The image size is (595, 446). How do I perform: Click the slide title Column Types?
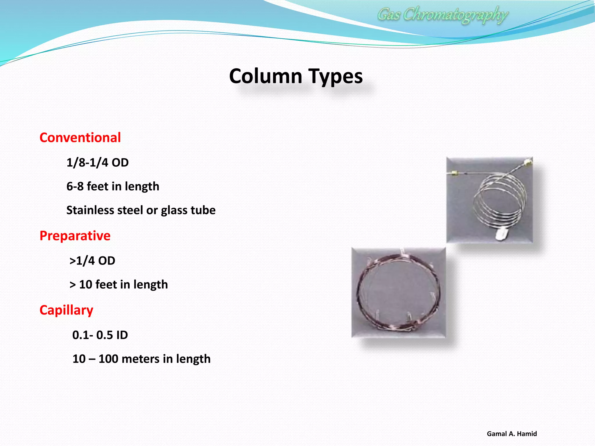coord(296,76)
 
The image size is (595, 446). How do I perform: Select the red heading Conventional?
coord(80,137)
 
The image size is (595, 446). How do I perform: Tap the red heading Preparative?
coord(75,235)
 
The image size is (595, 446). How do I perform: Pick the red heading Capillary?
coord(66,310)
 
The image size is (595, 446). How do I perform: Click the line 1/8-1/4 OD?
coord(98,162)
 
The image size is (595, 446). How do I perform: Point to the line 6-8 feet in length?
coord(113,186)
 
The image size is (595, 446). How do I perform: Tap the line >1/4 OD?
coord(92,260)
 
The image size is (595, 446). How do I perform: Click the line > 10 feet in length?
coord(119,284)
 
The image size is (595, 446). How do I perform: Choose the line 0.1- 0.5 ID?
coord(100,335)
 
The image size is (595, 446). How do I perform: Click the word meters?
coord(140,359)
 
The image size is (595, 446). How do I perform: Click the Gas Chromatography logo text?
coord(442,15)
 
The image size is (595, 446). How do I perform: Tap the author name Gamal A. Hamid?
coord(512,434)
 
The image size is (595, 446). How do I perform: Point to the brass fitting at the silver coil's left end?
coord(453,174)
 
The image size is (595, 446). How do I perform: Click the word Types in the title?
coord(335,76)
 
